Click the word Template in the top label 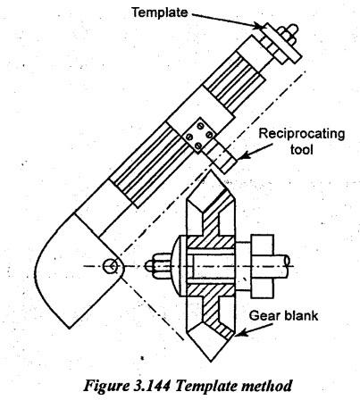[160, 12]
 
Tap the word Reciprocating [302, 134]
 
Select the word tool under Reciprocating [302, 149]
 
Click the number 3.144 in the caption [151, 386]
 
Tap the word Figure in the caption [105, 386]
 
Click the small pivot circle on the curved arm [110, 266]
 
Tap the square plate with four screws [198, 136]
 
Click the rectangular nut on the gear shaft [263, 266]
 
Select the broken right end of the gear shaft [287, 262]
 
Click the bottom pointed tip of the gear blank [211, 362]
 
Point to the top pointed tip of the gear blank [211, 171]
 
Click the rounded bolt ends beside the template [288, 34]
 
